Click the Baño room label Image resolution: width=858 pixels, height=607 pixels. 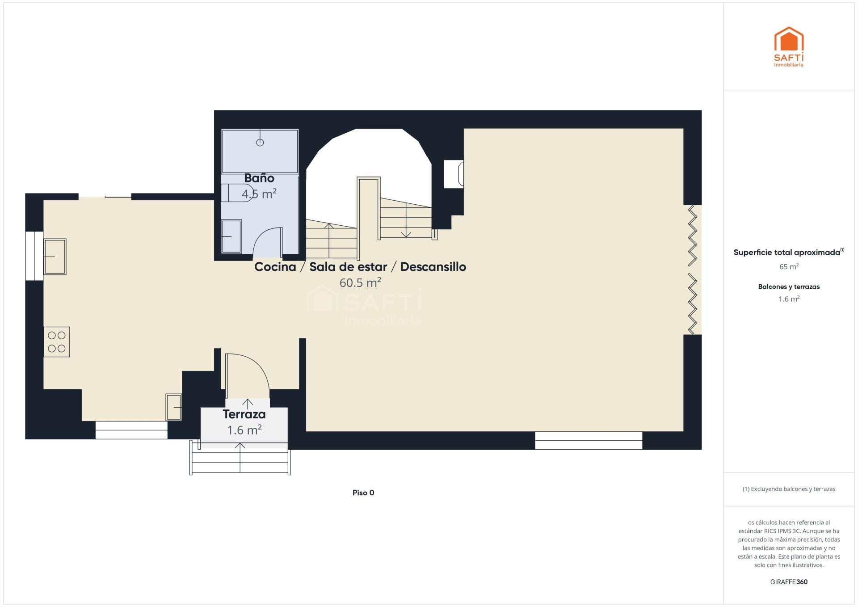pyautogui.click(x=259, y=178)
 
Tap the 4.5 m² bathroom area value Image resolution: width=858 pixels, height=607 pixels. pyautogui.click(x=259, y=194)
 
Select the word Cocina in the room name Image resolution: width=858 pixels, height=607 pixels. pyautogui.click(x=275, y=267)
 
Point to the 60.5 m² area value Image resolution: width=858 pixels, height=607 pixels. pyautogui.click(x=360, y=282)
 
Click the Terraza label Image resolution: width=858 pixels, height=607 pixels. pyautogui.click(x=244, y=414)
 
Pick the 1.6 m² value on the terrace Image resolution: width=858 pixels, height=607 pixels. pyautogui.click(x=244, y=430)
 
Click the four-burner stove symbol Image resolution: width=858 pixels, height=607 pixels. pyautogui.click(x=57, y=342)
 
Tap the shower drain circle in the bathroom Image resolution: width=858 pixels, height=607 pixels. pyautogui.click(x=260, y=143)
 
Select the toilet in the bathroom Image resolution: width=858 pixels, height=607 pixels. pyautogui.click(x=237, y=193)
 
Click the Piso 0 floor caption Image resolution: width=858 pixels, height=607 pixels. pyautogui.click(x=363, y=493)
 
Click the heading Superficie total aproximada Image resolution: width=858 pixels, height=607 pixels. pyautogui.click(x=787, y=253)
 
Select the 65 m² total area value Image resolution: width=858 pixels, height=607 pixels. pyautogui.click(x=789, y=266)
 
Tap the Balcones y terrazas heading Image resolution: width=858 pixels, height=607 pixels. pyautogui.click(x=789, y=287)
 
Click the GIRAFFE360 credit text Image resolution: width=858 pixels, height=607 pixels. pyautogui.click(x=789, y=582)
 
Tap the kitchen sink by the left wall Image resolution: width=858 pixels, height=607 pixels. pyautogui.click(x=55, y=257)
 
